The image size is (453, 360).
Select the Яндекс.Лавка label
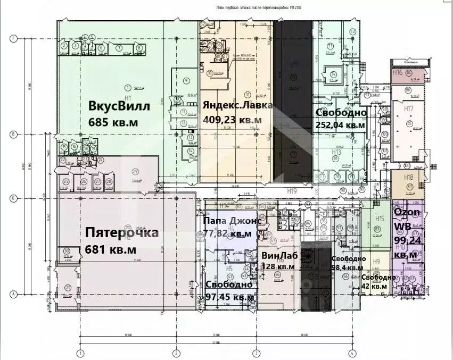[x=237, y=105]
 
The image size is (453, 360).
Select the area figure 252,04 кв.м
[x=340, y=125]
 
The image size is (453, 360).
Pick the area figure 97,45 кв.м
[x=229, y=297]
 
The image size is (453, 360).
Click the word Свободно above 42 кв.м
[x=378, y=277]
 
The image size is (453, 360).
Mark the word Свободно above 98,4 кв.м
[x=349, y=259]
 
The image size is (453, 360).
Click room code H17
[x=409, y=108]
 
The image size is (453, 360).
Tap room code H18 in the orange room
[x=408, y=177]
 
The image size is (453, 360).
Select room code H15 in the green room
[x=380, y=219]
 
